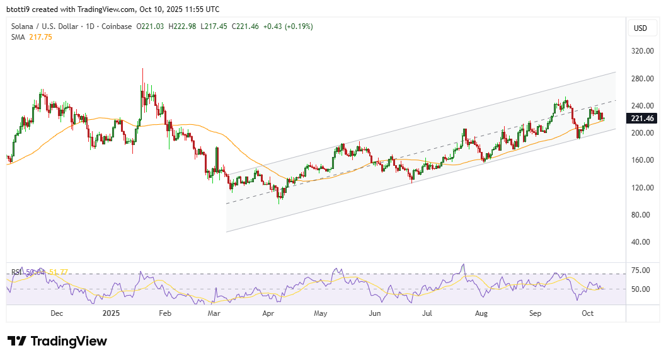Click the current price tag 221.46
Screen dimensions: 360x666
pos(643,119)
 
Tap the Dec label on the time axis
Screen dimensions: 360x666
pos(56,313)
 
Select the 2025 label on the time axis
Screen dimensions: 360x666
pos(110,313)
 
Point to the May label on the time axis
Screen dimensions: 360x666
pos(321,313)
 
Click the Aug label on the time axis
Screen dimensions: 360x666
pos(481,313)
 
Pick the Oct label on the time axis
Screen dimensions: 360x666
pos(587,313)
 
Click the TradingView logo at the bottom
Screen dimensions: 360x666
pos(57,341)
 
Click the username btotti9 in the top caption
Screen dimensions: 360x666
pos(19,9)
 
